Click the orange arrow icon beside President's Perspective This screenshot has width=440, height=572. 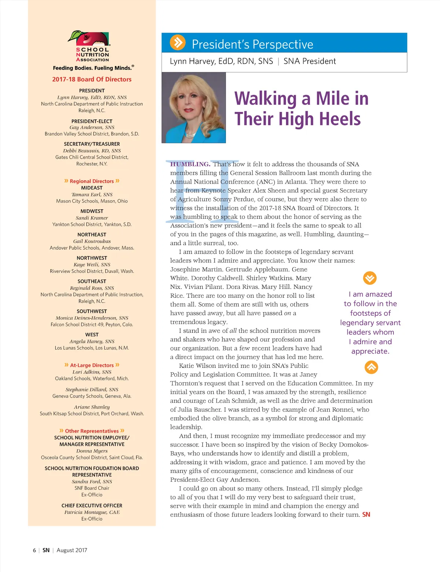[x=177, y=43]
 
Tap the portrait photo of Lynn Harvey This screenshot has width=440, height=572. [x=194, y=107]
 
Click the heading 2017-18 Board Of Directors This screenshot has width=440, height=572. [x=92, y=79]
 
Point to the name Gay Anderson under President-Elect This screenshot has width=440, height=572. [x=92, y=127]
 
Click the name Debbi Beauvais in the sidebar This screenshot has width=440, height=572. [x=92, y=151]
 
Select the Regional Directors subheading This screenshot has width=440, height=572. [x=92, y=181]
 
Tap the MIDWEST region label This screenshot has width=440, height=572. [x=92, y=211]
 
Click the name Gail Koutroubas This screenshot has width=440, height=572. [x=92, y=241]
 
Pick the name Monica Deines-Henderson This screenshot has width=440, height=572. [x=92, y=318]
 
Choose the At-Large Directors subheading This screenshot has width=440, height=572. [x=92, y=365]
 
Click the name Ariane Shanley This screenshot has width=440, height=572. [x=92, y=407]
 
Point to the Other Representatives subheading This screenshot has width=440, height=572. [x=92, y=431]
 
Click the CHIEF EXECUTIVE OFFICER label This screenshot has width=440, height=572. [x=92, y=506]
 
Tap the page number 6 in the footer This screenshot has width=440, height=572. [x=34, y=550]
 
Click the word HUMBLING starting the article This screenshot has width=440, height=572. [x=190, y=164]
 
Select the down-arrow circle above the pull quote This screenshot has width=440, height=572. [x=370, y=278]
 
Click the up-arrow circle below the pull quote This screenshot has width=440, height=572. [x=371, y=367]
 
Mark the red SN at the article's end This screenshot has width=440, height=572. [x=366, y=514]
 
